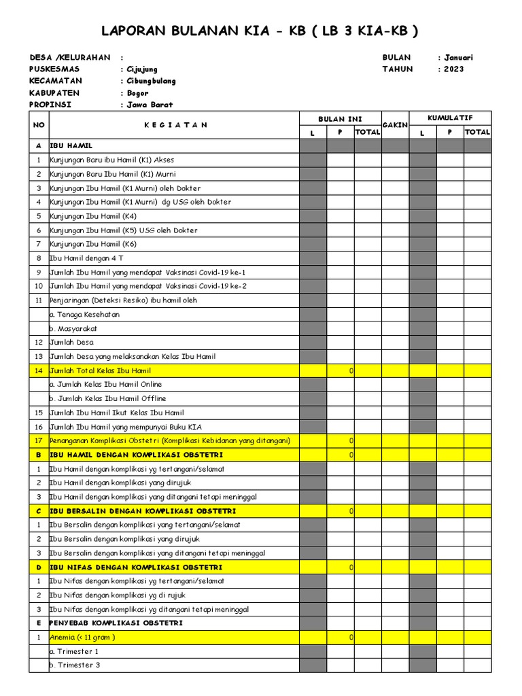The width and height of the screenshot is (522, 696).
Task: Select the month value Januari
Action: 458,58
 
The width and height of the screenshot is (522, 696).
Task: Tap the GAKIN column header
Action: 395,125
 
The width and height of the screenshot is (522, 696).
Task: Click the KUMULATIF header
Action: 449,118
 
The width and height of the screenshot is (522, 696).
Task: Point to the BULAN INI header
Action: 340,119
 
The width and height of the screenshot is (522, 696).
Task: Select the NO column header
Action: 39,125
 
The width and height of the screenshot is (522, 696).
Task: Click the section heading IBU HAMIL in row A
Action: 71,146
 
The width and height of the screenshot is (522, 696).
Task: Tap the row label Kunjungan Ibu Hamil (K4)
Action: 93,216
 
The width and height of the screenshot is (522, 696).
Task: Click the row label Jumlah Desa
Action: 72,343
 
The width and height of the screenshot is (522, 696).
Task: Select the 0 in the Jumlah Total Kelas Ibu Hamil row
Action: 351,371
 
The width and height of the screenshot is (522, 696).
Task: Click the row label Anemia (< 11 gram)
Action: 82,638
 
